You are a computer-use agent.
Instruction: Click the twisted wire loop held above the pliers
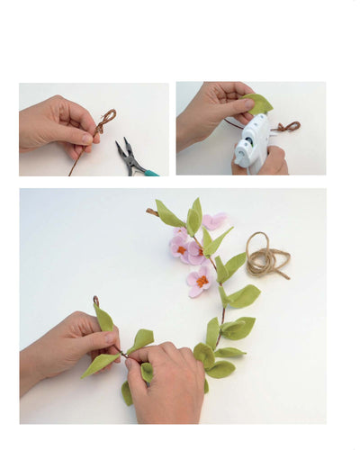click(105, 119)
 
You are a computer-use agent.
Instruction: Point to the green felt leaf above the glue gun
click(259, 103)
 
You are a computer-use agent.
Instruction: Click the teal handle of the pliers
click(149, 171)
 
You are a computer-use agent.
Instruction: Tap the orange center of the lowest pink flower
click(202, 281)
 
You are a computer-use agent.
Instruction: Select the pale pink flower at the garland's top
click(214, 221)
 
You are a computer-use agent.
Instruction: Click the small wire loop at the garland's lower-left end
click(95, 301)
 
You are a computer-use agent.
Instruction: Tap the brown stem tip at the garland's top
click(151, 211)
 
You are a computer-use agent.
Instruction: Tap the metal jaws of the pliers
click(124, 148)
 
